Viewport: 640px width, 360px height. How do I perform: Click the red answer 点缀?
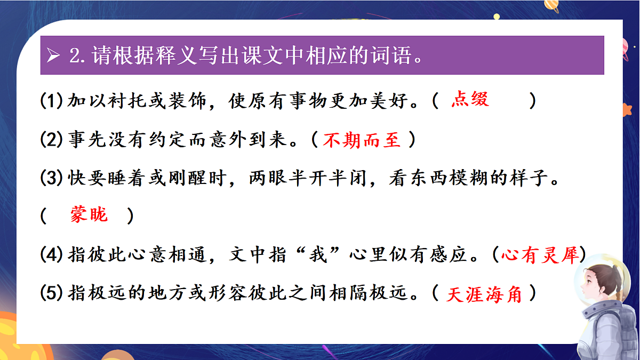[x=470, y=100]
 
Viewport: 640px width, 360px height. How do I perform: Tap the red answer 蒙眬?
[x=89, y=214]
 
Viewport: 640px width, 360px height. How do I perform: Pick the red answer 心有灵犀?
[x=540, y=255]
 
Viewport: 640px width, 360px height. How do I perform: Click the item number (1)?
[x=52, y=101]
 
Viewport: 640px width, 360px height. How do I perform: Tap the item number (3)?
[x=52, y=179]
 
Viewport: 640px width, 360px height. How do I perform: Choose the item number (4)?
[x=52, y=255]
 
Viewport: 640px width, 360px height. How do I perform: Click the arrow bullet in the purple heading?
[x=53, y=55]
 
